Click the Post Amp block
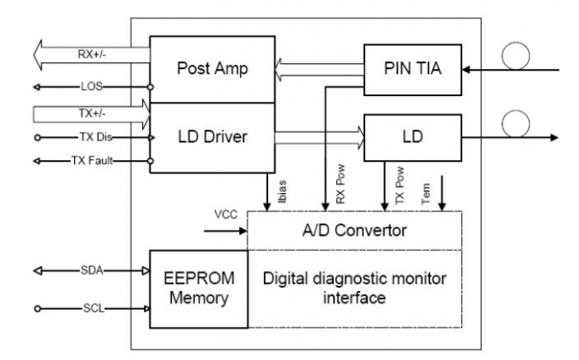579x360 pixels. coord(212,69)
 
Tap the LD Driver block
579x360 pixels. coord(212,136)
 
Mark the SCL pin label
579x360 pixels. coord(91,307)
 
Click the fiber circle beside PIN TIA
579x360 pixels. coord(517,57)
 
